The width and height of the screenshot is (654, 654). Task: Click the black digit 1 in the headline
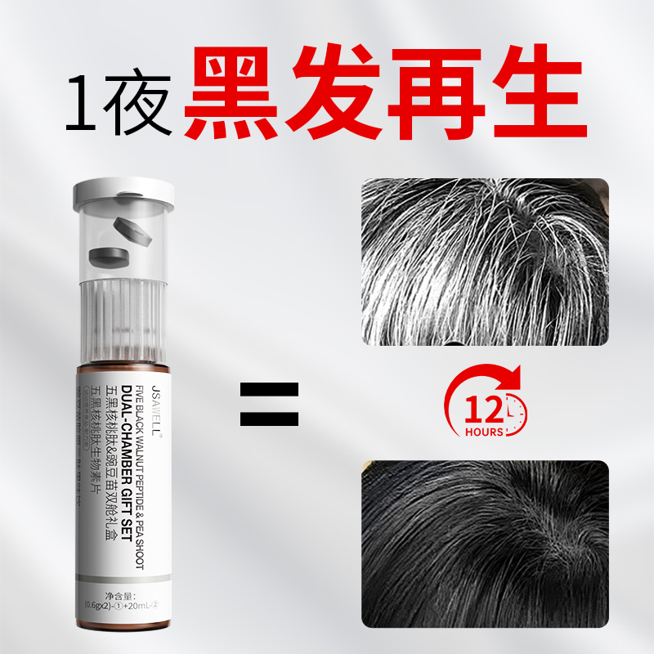[x=87, y=104]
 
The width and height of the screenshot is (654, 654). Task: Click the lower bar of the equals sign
[x=270, y=418]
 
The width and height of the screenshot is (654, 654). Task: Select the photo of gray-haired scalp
[x=486, y=262]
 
